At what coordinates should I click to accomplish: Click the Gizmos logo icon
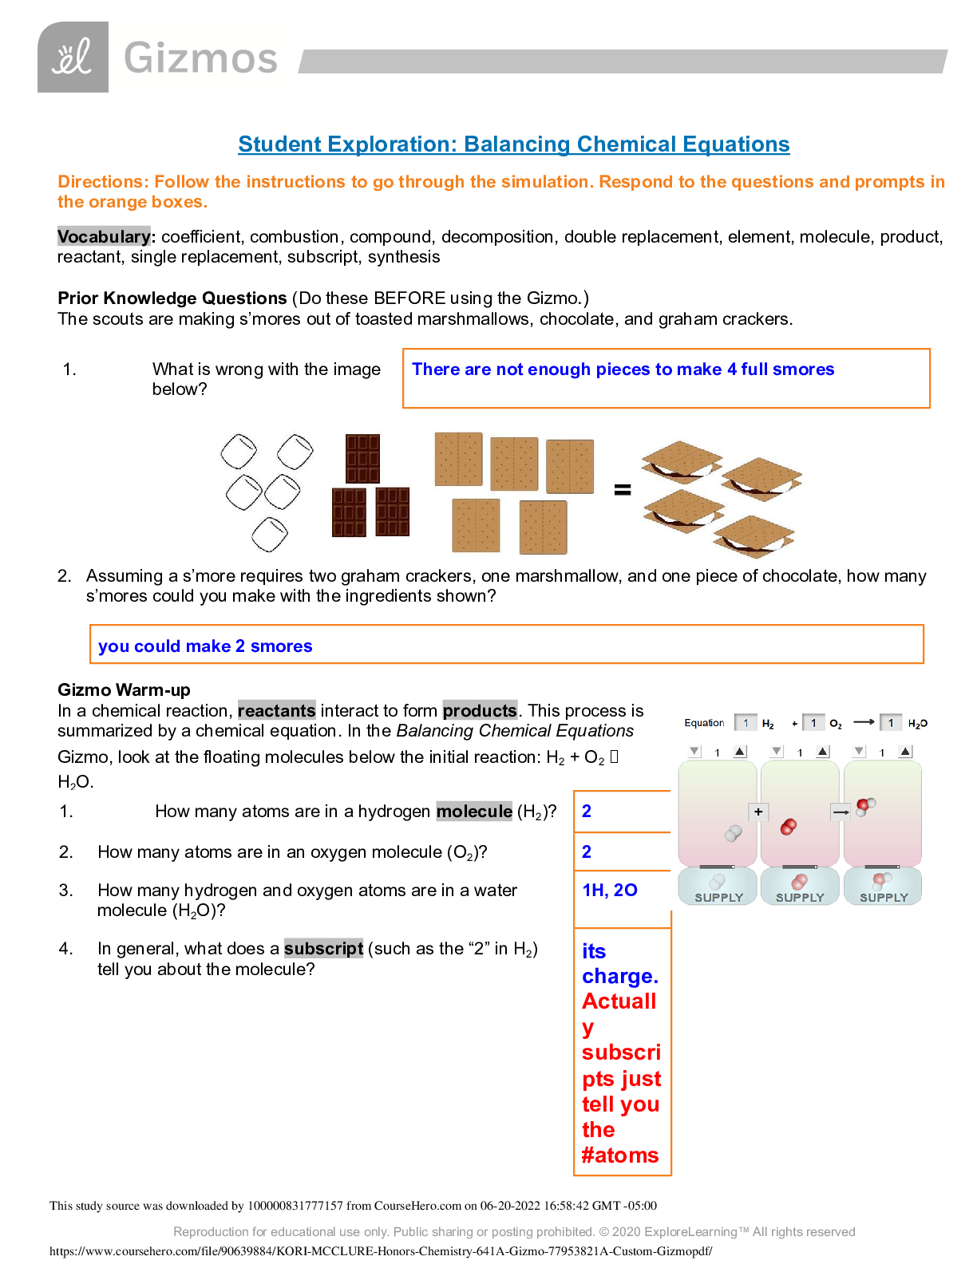coord(73,57)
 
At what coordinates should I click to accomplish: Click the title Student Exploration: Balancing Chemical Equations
coord(513,144)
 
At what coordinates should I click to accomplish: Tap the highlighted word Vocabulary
coord(103,237)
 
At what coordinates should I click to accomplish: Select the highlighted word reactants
coord(276,711)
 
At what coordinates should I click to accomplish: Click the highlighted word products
coord(480,711)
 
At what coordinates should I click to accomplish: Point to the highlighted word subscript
coord(323,949)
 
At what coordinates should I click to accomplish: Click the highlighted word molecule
coord(474,812)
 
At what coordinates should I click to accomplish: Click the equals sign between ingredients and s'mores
coord(623,490)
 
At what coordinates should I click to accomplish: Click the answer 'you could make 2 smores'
coord(205,646)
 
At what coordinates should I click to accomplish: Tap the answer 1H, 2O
coord(610,891)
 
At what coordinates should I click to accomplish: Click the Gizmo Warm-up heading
coord(124,690)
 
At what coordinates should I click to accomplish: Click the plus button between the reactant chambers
coord(758,812)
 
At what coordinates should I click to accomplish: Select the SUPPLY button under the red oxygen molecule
coord(800,887)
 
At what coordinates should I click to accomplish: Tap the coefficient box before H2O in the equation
coord(891,723)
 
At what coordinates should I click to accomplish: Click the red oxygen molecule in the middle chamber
coord(789,827)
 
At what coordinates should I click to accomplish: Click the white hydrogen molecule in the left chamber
coord(733,833)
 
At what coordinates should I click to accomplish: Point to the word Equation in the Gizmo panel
coord(704,723)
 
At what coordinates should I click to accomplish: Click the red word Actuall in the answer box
coord(619,1001)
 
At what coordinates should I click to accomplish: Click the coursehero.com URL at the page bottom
coord(381,1251)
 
